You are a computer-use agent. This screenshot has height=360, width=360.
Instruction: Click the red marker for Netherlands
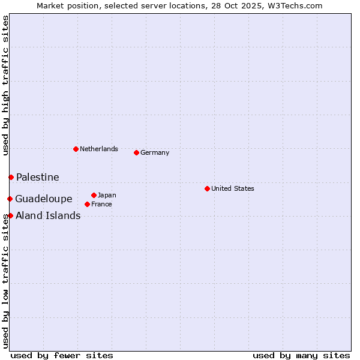(76, 149)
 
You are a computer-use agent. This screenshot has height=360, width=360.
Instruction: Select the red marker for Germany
(136, 152)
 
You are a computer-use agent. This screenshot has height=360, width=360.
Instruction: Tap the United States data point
(207, 188)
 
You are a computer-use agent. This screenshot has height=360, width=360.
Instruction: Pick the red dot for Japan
(94, 195)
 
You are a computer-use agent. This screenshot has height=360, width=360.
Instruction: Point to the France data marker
(87, 204)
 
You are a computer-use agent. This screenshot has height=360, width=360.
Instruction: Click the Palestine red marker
(11, 177)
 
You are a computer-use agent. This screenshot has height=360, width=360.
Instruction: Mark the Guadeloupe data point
(10, 199)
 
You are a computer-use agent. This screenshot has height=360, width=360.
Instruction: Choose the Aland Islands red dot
(10, 215)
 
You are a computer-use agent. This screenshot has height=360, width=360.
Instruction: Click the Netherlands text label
(99, 149)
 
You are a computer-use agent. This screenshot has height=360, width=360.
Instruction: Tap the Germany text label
(155, 152)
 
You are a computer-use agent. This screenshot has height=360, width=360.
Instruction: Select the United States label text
(233, 188)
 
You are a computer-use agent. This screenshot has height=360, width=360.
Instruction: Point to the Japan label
(107, 195)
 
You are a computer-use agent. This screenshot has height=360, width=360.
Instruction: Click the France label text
(101, 204)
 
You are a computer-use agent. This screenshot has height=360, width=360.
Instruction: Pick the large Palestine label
(38, 177)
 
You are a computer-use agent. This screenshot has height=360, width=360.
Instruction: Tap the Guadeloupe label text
(44, 199)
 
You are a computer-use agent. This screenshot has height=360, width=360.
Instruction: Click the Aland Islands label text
(48, 215)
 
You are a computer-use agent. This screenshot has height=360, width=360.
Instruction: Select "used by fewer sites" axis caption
(62, 355)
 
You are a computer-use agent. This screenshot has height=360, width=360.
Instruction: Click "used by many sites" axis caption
(301, 355)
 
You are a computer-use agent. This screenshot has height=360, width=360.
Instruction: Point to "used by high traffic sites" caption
(5, 85)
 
